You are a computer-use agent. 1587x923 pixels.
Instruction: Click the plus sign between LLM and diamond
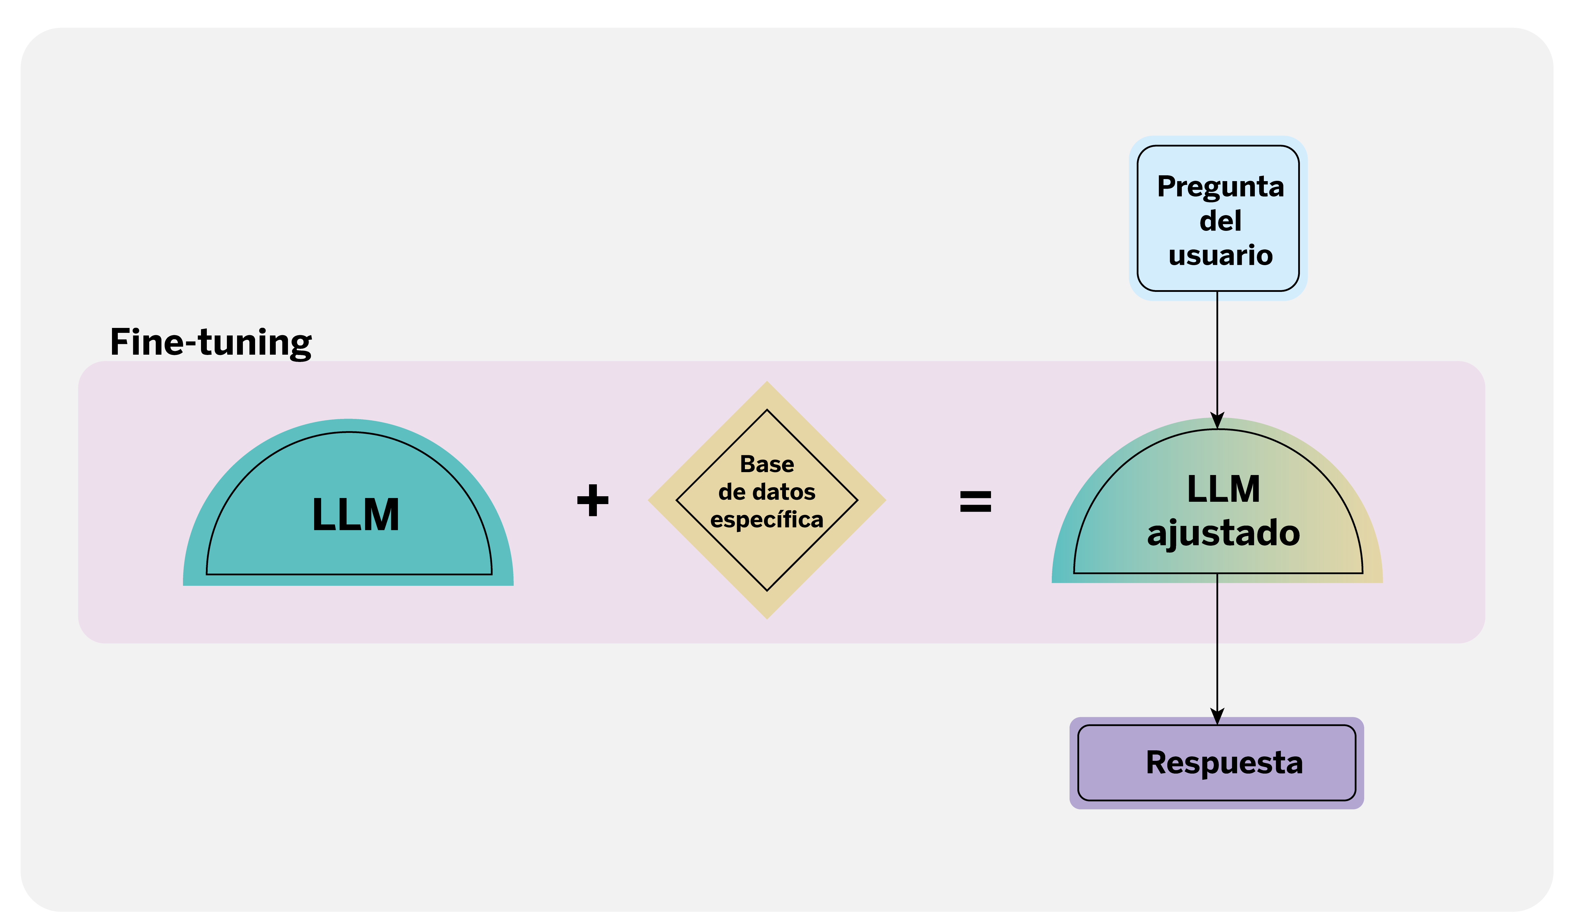(593, 501)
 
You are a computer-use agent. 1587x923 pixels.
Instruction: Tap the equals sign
(976, 502)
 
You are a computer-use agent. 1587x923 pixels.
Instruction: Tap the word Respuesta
(1224, 763)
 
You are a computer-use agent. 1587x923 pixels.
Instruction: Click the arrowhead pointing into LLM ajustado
(1217, 421)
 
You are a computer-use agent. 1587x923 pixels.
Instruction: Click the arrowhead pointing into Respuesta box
(1217, 717)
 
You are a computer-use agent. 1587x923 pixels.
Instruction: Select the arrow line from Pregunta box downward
(1217, 353)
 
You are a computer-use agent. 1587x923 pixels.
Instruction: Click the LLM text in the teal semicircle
(356, 515)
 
